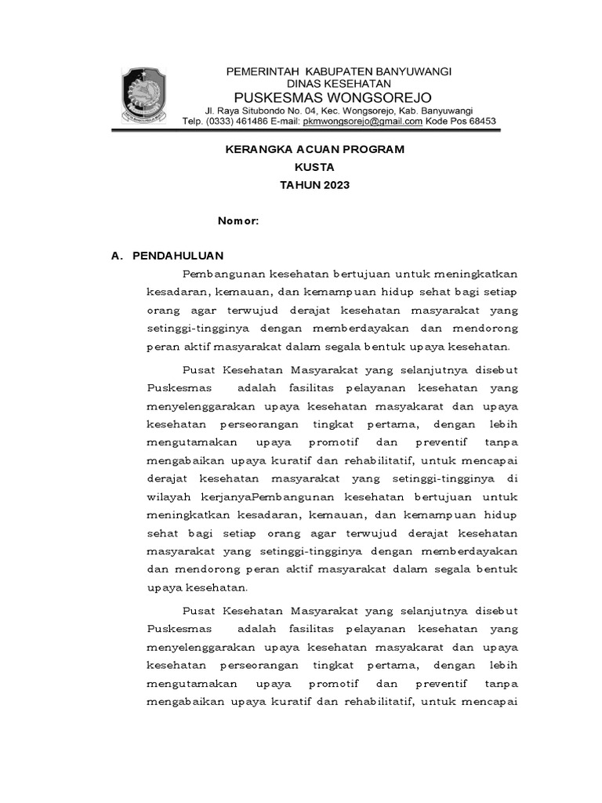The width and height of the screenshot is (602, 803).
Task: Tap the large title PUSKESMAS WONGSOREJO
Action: click(338, 97)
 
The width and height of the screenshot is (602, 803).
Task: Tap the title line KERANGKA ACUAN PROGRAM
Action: click(316, 149)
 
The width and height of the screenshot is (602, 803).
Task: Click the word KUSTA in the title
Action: click(314, 167)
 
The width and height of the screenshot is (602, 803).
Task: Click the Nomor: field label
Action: click(238, 221)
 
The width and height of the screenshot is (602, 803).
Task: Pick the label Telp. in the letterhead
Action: click(192, 122)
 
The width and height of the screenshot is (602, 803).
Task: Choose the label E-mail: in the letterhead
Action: click(283, 122)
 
